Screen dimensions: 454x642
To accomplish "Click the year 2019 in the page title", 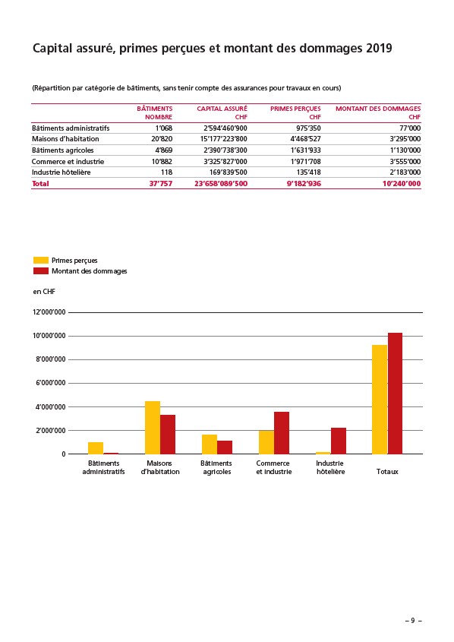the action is (379, 49).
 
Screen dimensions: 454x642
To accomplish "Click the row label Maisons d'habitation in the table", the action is (65, 139).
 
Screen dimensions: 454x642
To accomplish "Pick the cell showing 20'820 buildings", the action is (162, 139).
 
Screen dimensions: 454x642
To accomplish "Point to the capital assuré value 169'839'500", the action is (229, 172).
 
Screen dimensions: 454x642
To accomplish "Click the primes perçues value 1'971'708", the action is (305, 161).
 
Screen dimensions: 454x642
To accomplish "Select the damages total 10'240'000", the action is (402, 183).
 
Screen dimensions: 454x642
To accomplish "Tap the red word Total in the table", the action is (40, 183).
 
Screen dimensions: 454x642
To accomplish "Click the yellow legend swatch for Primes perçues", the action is (41, 260).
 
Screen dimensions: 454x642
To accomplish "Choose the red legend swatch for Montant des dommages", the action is (41, 270).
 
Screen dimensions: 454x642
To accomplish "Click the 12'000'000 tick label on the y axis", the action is (49, 312).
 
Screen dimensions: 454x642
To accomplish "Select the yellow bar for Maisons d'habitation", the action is (153, 428).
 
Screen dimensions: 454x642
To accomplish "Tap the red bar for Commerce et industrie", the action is (282, 433).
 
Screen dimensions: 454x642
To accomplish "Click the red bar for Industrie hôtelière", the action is (339, 441).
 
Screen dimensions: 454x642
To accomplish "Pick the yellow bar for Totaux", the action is (380, 400).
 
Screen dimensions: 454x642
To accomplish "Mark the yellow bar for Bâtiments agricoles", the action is (210, 444).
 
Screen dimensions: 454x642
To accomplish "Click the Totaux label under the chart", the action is (387, 472).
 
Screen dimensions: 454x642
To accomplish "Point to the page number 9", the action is (413, 620).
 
